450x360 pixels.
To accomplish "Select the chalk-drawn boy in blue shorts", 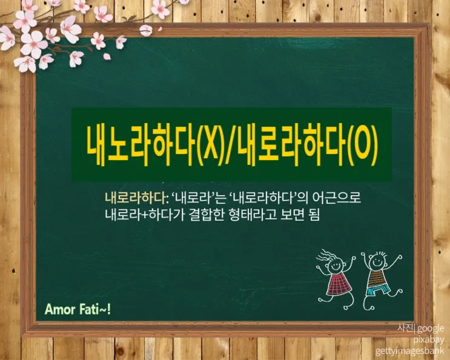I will tap(379, 273).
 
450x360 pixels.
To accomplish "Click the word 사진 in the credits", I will tap(404, 328).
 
